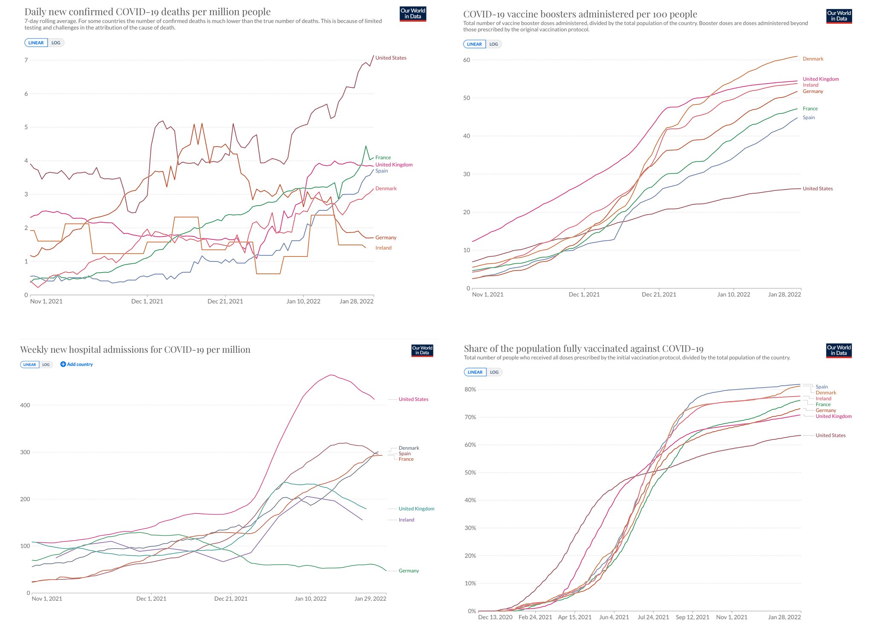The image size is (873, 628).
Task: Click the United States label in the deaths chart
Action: click(x=390, y=58)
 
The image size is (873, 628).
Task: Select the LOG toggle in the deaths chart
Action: click(x=56, y=43)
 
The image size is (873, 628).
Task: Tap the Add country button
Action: click(x=77, y=364)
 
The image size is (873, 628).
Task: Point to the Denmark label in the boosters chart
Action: click(x=812, y=59)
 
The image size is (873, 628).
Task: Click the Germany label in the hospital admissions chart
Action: click(x=408, y=571)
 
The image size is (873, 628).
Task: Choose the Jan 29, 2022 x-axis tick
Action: click(x=370, y=599)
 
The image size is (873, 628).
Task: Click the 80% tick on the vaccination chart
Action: click(x=470, y=390)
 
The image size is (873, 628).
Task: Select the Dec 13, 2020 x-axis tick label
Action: click(x=495, y=617)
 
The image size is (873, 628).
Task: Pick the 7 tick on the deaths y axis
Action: click(x=26, y=60)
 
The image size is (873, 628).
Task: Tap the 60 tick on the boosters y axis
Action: click(x=466, y=60)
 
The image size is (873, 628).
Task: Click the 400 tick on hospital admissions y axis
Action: click(x=25, y=405)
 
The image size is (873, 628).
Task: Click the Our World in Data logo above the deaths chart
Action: click(x=413, y=14)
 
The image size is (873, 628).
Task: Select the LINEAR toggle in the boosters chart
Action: click(x=474, y=44)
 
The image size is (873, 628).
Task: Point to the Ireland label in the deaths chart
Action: click(x=383, y=248)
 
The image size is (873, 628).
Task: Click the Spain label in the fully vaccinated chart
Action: click(x=821, y=387)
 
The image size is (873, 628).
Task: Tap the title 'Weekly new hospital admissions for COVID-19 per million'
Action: click(x=135, y=350)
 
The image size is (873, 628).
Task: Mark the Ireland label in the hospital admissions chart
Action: click(x=406, y=520)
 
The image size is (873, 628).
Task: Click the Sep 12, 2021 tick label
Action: click(x=692, y=617)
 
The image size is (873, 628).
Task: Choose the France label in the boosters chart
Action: click(x=810, y=109)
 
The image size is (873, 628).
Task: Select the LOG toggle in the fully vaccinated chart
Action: click(x=494, y=372)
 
